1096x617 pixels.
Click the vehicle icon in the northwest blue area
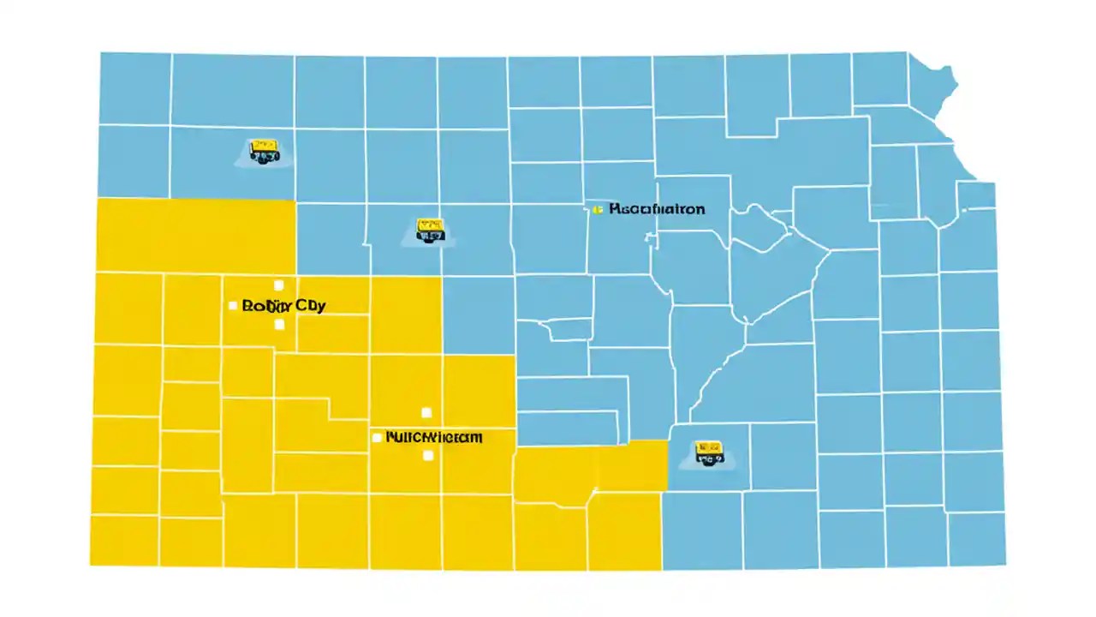[x=264, y=152]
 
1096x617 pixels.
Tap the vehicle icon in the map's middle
[x=429, y=229]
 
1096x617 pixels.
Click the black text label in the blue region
[x=657, y=208]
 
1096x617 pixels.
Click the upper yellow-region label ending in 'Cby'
[x=283, y=305]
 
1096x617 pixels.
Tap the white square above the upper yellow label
[x=277, y=285]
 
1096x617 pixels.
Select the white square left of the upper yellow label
[x=233, y=305]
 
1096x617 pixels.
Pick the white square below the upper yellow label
[x=278, y=325]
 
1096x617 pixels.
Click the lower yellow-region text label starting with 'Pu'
[x=434, y=437]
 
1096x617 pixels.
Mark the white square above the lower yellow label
[x=426, y=413]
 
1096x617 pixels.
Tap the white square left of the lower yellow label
[x=377, y=437]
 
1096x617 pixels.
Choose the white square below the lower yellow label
[x=428, y=456]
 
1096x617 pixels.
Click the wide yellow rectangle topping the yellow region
[x=196, y=235]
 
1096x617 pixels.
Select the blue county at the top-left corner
[x=134, y=88]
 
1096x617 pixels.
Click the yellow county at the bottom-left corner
[x=124, y=540]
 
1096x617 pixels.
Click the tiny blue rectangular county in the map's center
[x=569, y=329]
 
